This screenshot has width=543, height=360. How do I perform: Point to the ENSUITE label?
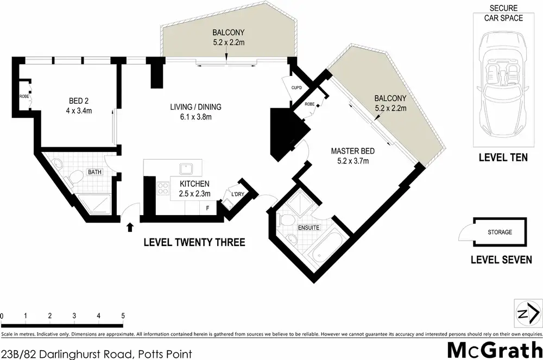[308, 228]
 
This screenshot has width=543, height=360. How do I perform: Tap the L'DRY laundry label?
[237, 194]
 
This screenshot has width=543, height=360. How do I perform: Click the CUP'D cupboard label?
[296, 87]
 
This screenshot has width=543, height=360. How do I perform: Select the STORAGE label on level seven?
[499, 232]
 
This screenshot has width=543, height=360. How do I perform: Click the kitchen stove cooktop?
[162, 189]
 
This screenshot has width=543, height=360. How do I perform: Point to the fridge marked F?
[208, 207]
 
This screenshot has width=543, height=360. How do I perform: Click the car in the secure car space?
[500, 84]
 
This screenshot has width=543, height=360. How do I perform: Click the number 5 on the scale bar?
[123, 315]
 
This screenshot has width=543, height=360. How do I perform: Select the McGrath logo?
[493, 350]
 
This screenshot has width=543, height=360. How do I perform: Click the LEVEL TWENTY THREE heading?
[194, 242]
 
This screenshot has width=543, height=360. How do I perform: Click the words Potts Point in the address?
[163, 353]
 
